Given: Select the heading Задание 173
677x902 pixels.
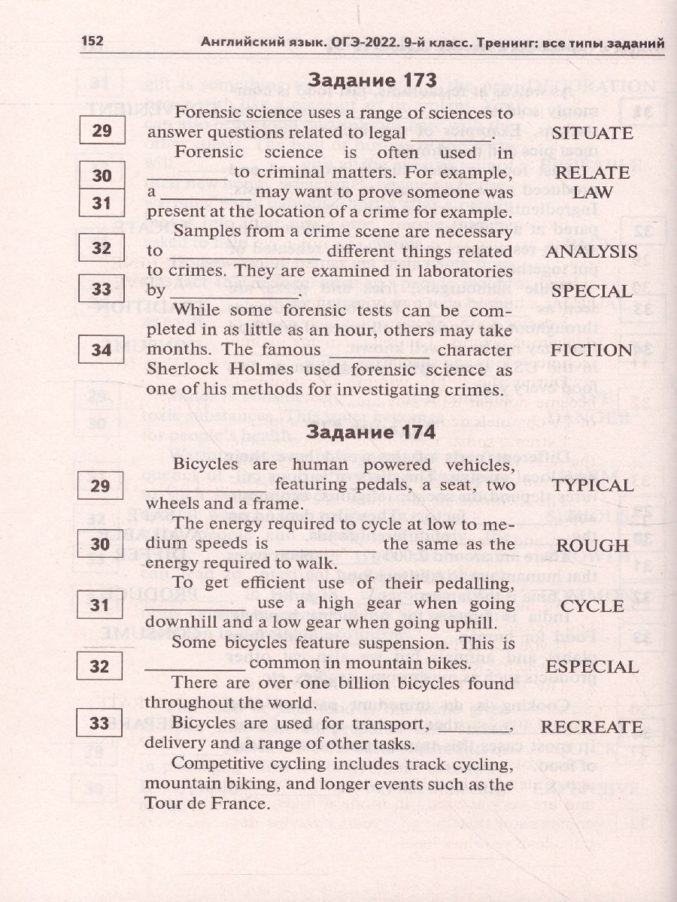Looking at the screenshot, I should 372,80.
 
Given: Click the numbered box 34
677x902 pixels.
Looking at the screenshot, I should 101,350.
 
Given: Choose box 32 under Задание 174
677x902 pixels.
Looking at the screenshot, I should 99,666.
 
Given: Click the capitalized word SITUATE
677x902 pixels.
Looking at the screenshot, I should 592,133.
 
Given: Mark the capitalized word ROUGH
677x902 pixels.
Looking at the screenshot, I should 592,546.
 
